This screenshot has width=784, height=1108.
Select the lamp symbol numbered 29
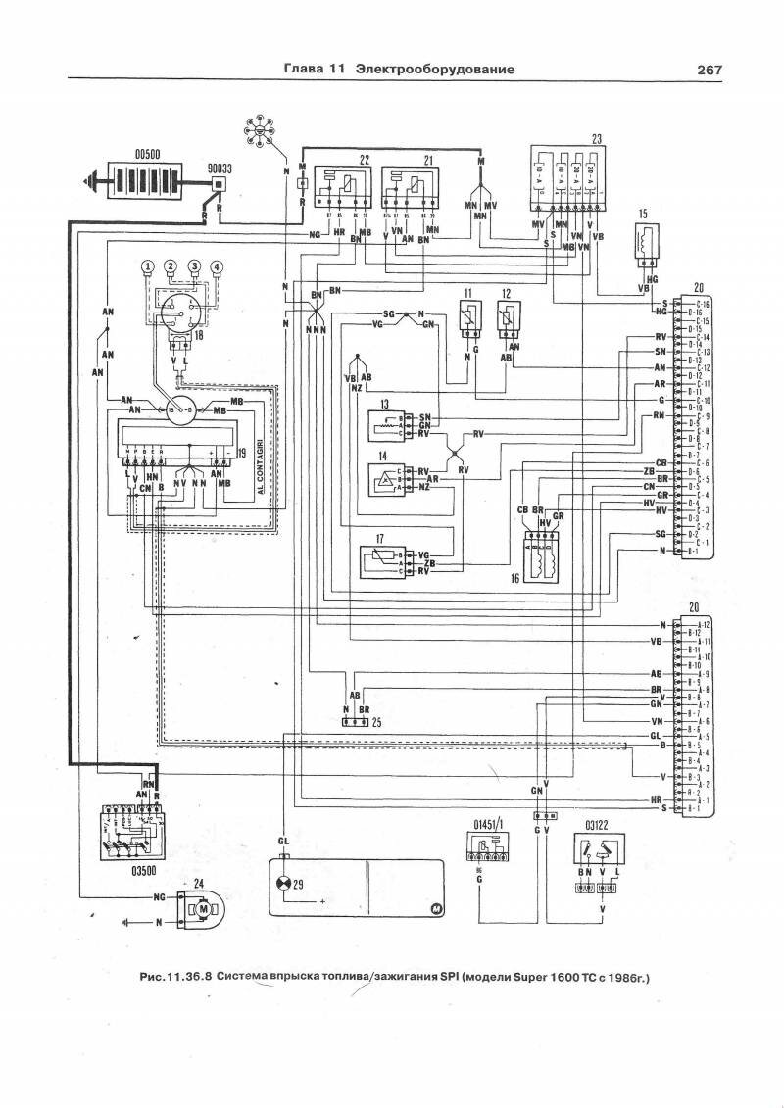click(285, 884)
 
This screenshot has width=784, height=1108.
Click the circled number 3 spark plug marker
click(194, 266)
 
